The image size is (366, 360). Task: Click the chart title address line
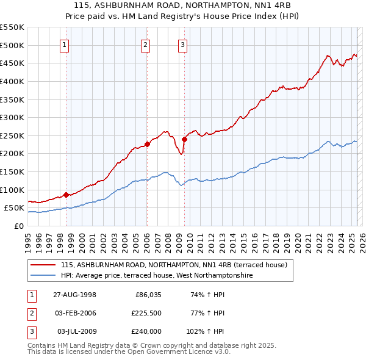(x=183, y=5)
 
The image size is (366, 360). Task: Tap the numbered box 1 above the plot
(x=65, y=44)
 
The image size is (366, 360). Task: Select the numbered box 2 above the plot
(x=146, y=44)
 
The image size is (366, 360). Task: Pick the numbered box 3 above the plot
(x=183, y=44)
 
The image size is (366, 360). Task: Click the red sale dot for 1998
(x=66, y=195)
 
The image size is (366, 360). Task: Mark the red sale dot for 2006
(x=147, y=145)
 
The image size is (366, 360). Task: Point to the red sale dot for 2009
(x=184, y=139)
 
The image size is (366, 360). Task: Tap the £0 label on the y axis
(x=18, y=226)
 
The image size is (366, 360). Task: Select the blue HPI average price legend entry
(x=156, y=276)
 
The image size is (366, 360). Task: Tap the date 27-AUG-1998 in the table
(x=74, y=295)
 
